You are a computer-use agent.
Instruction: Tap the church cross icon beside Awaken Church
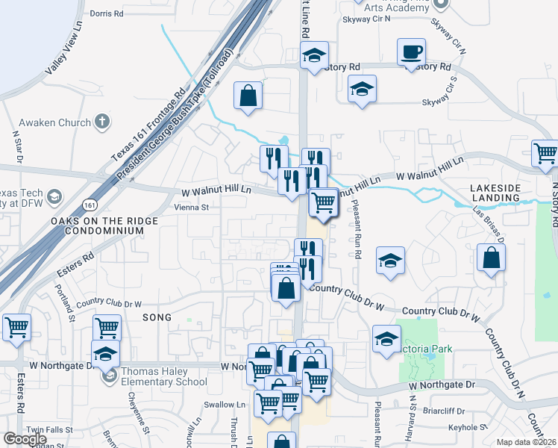point(103,122)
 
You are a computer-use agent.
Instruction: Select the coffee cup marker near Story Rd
point(412,52)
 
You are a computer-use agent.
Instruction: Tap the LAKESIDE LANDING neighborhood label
point(495,191)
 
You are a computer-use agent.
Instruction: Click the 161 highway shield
point(90,205)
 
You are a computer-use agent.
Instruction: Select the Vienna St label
point(190,208)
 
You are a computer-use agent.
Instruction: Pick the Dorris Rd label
point(105,13)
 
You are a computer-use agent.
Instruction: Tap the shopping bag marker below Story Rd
point(248,96)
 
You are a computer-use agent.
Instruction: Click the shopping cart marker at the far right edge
point(545,153)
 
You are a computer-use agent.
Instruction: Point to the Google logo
point(25,439)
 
